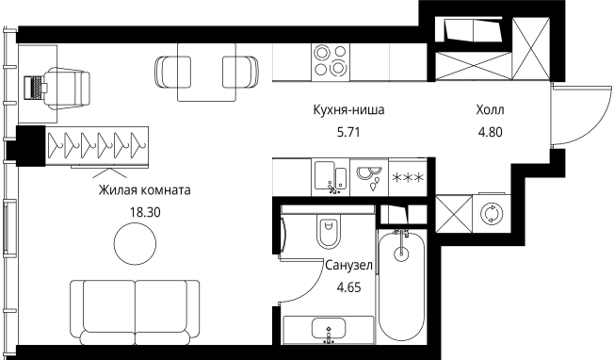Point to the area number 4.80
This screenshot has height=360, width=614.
pyautogui.click(x=490, y=133)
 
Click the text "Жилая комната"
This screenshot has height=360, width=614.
pyautogui.click(x=144, y=189)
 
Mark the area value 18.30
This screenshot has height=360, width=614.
pyautogui.click(x=144, y=212)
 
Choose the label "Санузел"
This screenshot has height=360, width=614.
pyautogui.click(x=349, y=266)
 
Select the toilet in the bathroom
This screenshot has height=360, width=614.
pyautogui.click(x=329, y=231)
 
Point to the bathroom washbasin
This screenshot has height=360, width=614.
pyautogui.click(x=328, y=331)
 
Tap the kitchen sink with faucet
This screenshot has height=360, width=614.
pyautogui.click(x=330, y=176)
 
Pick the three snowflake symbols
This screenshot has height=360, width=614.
pyautogui.click(x=407, y=177)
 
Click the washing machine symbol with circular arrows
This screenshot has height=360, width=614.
pyautogui.click(x=490, y=213)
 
